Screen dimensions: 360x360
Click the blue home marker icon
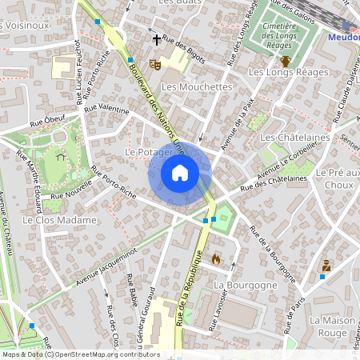pos(180,172)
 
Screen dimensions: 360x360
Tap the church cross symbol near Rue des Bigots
pos(156,38)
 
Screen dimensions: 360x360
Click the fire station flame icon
pos(215,259)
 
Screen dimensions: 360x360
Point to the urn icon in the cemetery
pos(285,60)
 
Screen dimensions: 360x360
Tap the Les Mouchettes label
pos(196,86)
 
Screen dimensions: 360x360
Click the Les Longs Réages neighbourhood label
pos(289,73)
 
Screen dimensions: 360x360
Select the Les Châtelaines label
pos(295,138)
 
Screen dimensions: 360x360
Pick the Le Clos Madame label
pos(60,219)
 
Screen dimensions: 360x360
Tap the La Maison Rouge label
pos(332,326)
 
